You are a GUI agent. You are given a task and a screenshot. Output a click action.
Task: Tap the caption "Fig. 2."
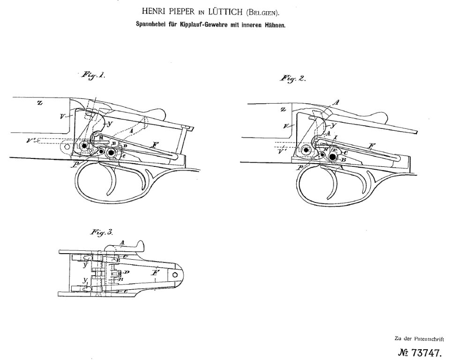tap(293, 79)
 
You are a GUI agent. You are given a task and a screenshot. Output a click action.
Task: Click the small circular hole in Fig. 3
tap(176, 274)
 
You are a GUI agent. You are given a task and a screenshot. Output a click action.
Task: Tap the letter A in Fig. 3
tap(121, 242)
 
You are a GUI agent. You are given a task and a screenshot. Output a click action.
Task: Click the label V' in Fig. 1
tap(32, 139)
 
